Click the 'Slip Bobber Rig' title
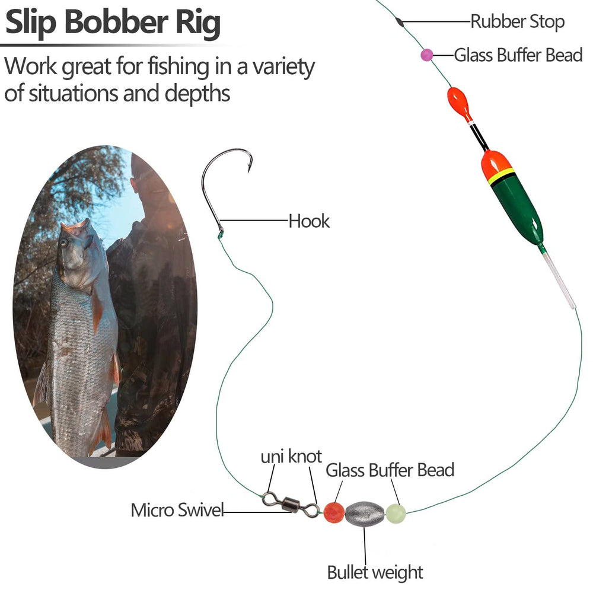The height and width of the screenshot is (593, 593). tap(113, 23)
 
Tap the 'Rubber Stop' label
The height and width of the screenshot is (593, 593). tap(517, 22)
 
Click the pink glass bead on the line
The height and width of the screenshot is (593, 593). tap(426, 55)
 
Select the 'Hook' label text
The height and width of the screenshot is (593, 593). tap(309, 222)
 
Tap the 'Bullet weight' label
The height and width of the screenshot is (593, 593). tap(375, 572)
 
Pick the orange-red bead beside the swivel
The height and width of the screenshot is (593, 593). tap(334, 511)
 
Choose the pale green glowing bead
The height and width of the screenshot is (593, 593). tap(396, 512)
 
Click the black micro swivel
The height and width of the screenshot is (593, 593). tap(291, 505)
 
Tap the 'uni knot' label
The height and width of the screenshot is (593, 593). tap(291, 457)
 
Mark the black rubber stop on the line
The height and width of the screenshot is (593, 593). tap(400, 22)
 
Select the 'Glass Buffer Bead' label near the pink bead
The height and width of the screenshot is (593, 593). tap(518, 55)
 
